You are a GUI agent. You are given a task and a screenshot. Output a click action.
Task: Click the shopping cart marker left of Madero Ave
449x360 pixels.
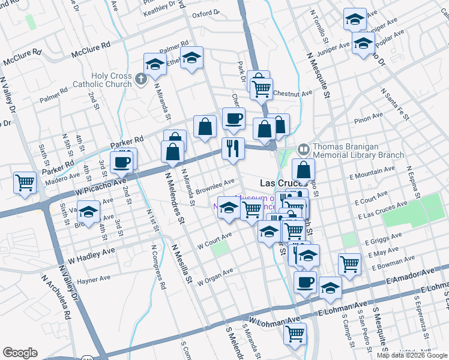click(25, 182)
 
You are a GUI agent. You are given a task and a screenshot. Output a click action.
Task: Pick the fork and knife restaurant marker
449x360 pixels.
click(232, 148)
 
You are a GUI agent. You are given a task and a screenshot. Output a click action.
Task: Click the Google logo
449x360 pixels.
click(20, 353)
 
